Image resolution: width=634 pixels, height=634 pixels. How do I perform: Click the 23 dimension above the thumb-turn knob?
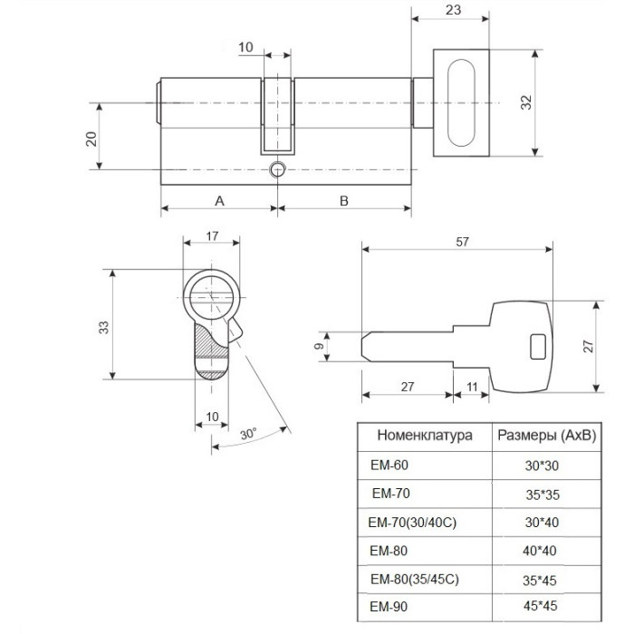point(453,10)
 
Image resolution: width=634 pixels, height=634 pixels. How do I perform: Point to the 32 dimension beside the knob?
point(525,102)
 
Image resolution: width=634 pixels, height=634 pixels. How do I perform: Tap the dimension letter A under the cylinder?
point(219,200)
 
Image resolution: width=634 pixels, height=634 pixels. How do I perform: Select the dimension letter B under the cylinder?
point(343,200)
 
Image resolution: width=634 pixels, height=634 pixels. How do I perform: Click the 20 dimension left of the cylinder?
point(91,139)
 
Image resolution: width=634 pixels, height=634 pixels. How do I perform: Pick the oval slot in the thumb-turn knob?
point(461,102)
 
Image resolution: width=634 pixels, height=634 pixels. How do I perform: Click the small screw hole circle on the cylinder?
point(277,169)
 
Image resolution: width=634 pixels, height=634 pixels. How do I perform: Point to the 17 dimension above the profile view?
point(212,235)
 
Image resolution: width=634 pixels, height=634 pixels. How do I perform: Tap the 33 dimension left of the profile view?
point(104,327)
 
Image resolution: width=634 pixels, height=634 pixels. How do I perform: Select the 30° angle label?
point(248,434)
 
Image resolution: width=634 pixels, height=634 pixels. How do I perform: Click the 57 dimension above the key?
point(462,242)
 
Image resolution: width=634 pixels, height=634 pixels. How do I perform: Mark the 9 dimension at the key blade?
point(319,346)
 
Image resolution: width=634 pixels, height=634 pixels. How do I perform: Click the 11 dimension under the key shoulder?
point(472,387)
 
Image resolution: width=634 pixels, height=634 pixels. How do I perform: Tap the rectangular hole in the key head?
point(539,347)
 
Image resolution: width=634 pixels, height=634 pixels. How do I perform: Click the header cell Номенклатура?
point(425,436)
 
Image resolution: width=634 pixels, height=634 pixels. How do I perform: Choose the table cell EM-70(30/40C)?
point(412,523)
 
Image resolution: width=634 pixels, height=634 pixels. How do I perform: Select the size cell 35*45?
point(540,581)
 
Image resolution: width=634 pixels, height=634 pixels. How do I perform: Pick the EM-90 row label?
point(389,607)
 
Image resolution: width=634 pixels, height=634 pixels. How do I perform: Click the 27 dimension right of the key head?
point(589,347)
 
